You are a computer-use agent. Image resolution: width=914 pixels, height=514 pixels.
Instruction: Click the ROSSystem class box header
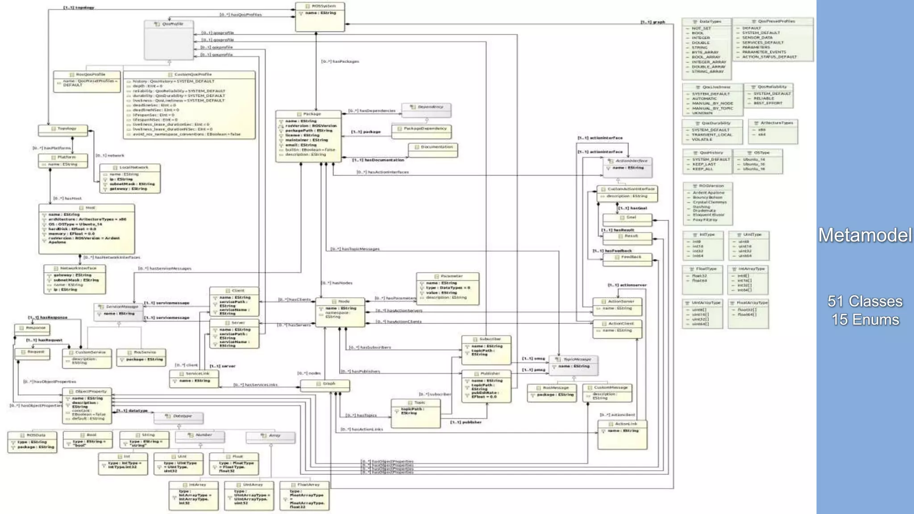point(320,6)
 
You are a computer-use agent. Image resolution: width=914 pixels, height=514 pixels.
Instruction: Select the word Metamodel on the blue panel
point(865,235)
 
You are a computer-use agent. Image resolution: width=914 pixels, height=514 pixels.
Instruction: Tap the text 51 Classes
point(865,301)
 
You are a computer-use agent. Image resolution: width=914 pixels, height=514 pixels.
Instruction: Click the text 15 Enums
point(865,319)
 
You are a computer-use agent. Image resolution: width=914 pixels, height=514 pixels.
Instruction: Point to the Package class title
point(309,114)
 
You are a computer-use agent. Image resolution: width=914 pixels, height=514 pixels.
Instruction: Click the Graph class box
point(325,385)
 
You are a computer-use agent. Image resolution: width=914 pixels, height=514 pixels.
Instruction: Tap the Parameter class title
point(448,276)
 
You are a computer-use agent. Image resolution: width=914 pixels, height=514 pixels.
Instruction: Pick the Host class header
point(87,208)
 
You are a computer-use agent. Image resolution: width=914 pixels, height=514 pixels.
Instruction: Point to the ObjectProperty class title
point(87,391)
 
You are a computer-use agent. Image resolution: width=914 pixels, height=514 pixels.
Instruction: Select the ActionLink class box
point(623,434)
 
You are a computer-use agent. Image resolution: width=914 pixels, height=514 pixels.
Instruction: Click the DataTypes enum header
point(707,21)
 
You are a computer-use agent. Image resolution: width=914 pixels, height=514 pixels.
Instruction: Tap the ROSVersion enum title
point(708,186)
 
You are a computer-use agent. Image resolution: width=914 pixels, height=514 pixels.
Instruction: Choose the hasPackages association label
point(340,62)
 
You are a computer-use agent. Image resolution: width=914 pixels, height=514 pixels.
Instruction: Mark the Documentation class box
point(433,149)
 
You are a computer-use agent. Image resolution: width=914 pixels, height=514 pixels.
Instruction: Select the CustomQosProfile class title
point(190,75)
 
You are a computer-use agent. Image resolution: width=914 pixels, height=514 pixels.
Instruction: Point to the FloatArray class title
point(305,485)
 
